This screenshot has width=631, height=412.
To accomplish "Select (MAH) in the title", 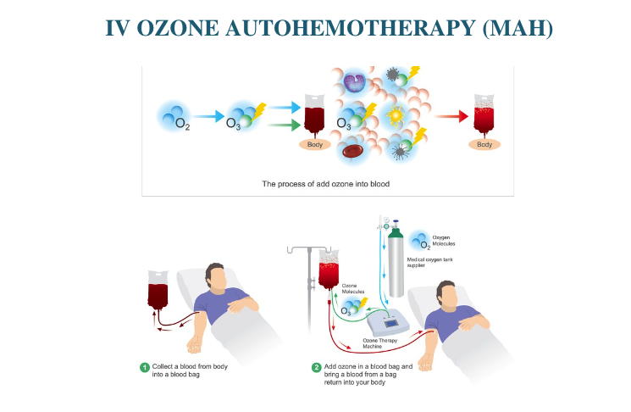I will (517, 27).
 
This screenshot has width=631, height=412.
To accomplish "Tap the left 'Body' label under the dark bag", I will (314, 144).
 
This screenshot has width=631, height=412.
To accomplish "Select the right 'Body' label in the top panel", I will (484, 144).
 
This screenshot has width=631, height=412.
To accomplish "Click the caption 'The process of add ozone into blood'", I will (326, 183).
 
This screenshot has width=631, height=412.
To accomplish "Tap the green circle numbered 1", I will (145, 368).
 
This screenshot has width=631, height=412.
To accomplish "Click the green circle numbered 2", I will (317, 368).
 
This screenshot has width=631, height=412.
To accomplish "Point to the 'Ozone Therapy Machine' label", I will (370, 343).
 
